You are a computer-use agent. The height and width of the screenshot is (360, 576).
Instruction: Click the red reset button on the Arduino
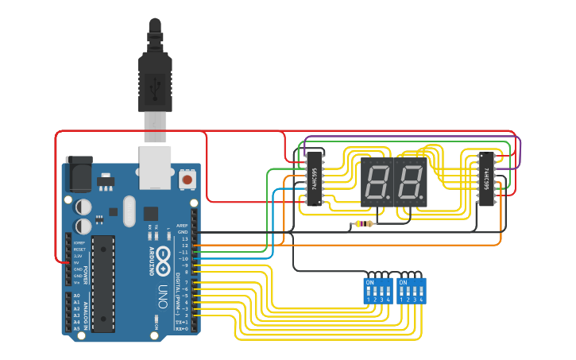click(187, 180)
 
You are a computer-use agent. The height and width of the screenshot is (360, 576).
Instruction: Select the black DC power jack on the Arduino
click(79, 174)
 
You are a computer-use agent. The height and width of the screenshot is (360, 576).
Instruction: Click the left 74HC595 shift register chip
click(315, 177)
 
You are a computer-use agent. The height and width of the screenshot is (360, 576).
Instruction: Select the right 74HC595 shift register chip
click(485, 177)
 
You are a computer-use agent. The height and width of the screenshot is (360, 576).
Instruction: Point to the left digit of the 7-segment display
click(378, 183)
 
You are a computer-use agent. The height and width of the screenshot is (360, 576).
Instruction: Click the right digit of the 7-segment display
click(410, 183)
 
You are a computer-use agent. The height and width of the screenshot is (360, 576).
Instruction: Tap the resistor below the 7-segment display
click(364, 224)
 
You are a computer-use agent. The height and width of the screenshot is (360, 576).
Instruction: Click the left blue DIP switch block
click(377, 291)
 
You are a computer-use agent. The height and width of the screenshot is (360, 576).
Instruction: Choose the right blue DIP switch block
click(411, 291)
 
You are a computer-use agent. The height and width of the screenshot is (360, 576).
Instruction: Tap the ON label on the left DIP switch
click(369, 282)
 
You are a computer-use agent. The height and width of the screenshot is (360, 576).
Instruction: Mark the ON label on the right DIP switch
click(403, 282)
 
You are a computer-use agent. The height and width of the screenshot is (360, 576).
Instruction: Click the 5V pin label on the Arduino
click(77, 263)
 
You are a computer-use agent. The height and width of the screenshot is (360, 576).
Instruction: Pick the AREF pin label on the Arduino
click(183, 225)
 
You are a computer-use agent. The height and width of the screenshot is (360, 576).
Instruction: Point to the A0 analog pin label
click(76, 296)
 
